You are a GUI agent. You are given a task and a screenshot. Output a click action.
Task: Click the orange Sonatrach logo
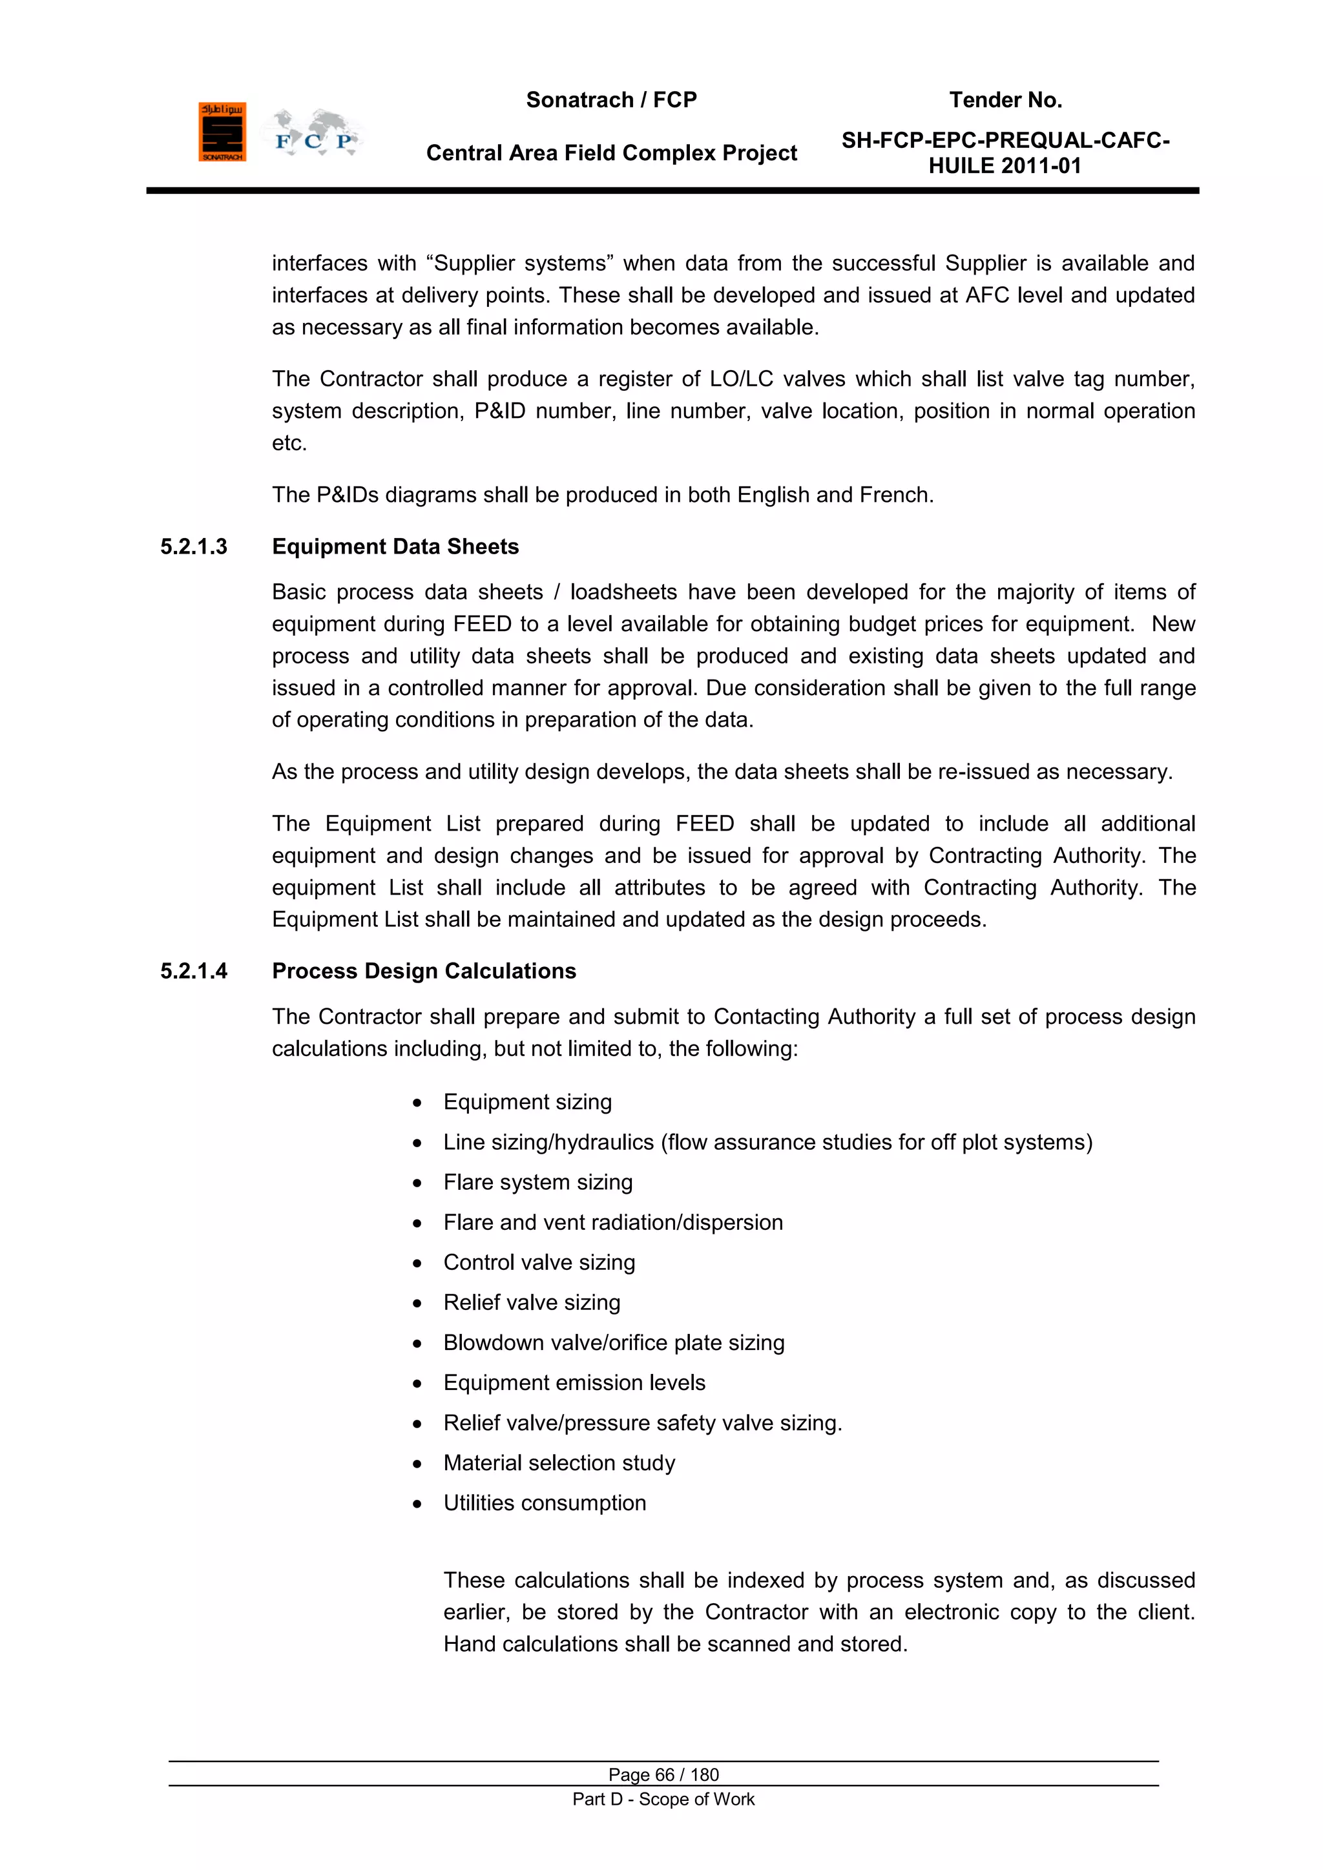coord(222,132)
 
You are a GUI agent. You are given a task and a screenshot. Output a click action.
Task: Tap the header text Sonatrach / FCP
coord(611,100)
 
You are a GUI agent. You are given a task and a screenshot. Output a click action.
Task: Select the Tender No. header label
coord(1005,100)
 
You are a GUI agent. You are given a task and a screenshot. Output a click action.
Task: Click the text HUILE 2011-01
coord(1005,166)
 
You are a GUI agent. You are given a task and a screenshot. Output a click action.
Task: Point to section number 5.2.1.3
coord(194,546)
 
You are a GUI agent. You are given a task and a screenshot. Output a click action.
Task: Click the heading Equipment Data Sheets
coord(395,546)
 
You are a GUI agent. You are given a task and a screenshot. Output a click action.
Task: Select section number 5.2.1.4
coord(194,971)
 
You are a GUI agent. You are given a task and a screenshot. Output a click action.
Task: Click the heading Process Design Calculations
coord(424,971)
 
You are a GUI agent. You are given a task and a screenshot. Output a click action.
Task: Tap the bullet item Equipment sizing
coord(527,1102)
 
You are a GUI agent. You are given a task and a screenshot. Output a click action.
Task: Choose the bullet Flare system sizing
coord(537,1182)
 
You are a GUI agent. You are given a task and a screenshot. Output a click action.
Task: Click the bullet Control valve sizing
coord(539,1262)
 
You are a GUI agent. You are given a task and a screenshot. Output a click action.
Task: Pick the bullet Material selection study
coord(559,1463)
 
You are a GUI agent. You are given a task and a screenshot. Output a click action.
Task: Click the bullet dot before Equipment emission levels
coord(417,1384)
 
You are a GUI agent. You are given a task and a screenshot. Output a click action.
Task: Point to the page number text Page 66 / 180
coord(663,1774)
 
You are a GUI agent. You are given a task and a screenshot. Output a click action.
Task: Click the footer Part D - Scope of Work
coord(663,1799)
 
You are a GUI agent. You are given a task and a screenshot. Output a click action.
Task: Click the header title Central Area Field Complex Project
coord(611,153)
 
